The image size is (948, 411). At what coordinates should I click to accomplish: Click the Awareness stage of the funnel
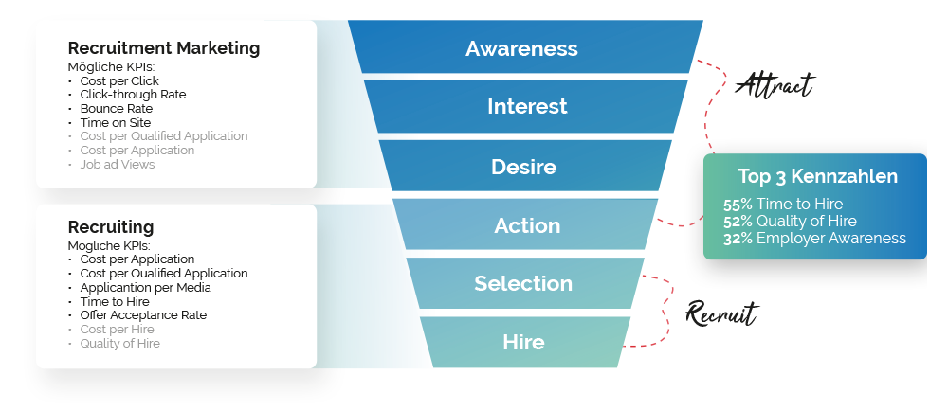point(521,48)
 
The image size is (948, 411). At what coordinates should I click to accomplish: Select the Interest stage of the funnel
point(527,106)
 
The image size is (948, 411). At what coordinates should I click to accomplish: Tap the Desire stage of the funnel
point(523,167)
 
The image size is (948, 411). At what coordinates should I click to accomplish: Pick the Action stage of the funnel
point(527,225)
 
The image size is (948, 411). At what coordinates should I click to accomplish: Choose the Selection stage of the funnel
point(523,283)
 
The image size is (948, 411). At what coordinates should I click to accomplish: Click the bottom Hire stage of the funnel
point(523,342)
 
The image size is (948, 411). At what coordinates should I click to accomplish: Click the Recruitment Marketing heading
point(164,47)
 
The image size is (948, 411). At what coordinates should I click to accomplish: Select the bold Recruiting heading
point(111,227)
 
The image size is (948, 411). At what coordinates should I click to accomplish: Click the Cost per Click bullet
point(119,81)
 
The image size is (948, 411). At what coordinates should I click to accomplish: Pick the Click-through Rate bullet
point(133,95)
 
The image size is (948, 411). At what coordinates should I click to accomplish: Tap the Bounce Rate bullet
point(116,109)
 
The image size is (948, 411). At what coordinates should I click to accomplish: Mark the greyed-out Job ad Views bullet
point(117,164)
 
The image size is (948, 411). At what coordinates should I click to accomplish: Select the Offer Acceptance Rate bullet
point(143,315)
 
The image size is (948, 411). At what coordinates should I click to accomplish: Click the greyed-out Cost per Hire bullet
point(118,330)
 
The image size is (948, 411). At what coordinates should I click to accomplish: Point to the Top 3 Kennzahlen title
point(817,176)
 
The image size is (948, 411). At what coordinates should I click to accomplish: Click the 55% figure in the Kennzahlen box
point(738,204)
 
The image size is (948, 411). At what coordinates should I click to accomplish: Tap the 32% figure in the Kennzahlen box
point(738,239)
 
